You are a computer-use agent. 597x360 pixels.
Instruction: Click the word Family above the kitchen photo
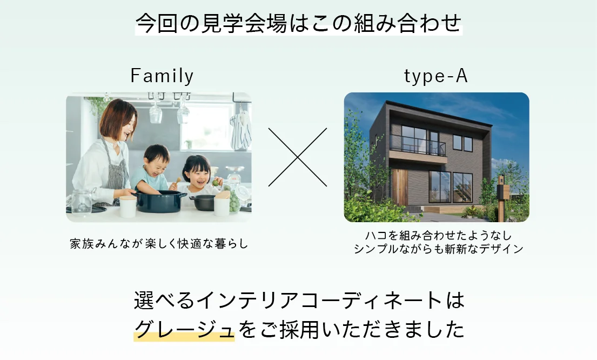coord(162,76)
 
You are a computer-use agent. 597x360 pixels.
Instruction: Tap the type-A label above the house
coord(436,76)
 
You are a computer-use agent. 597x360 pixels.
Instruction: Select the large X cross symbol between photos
coord(298,157)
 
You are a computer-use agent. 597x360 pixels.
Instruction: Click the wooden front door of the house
coord(399,187)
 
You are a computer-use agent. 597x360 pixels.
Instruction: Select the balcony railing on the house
coord(418,145)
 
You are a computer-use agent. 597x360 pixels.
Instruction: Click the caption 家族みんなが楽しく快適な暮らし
coord(159,243)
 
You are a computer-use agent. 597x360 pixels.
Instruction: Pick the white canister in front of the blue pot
coord(128,206)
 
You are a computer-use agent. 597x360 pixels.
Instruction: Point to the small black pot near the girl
coord(203,202)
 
